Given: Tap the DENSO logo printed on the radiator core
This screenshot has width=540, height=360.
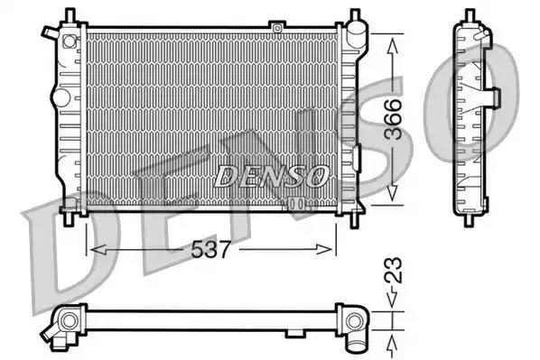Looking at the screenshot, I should (x=271, y=177).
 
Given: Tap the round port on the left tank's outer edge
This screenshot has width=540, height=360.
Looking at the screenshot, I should (x=61, y=96).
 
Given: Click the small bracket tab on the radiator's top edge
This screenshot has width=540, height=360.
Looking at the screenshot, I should (x=277, y=29).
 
